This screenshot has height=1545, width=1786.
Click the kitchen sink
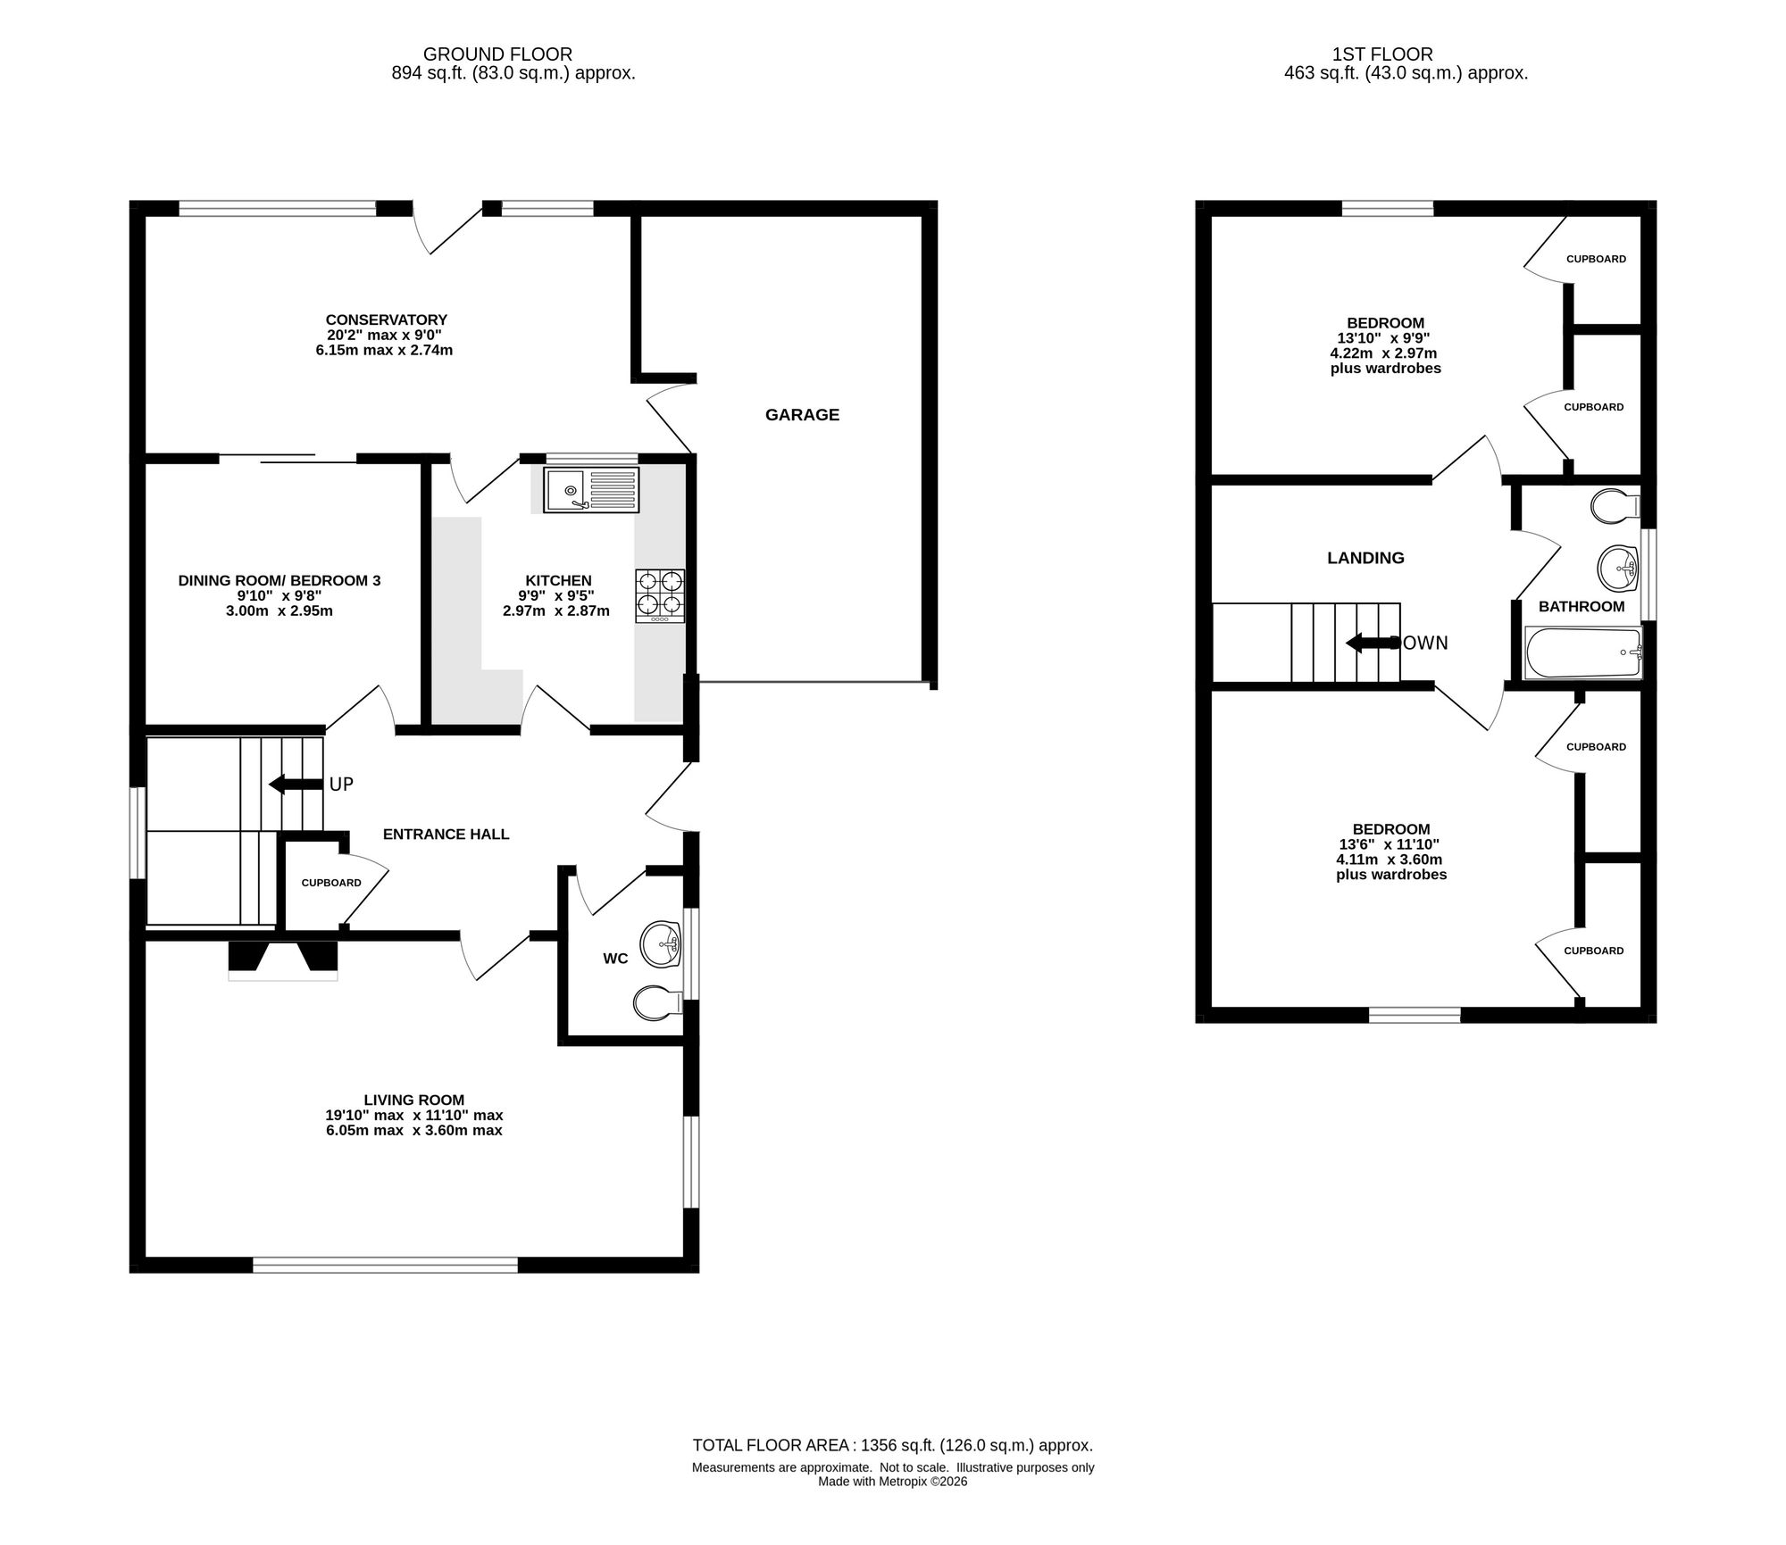coord(591,490)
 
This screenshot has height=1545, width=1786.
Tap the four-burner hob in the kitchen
coord(660,595)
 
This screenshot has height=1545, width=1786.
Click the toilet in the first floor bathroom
coord(1616,506)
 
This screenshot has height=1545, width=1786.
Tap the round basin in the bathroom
coord(1618,569)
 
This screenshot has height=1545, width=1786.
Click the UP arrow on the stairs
coord(296,785)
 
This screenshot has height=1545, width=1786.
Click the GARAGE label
coord(802,414)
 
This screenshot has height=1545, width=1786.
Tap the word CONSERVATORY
coord(386,320)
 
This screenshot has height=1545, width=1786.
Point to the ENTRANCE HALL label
coord(446,835)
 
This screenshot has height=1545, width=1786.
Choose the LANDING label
coord(1365,558)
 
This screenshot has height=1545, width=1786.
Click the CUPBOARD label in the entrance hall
coord(331,883)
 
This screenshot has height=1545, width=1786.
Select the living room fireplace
coord(283,961)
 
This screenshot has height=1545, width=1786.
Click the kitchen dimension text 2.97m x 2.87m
coord(556,611)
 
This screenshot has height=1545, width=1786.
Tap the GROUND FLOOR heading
coord(497,54)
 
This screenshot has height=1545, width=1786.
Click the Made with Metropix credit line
coord(893,1482)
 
